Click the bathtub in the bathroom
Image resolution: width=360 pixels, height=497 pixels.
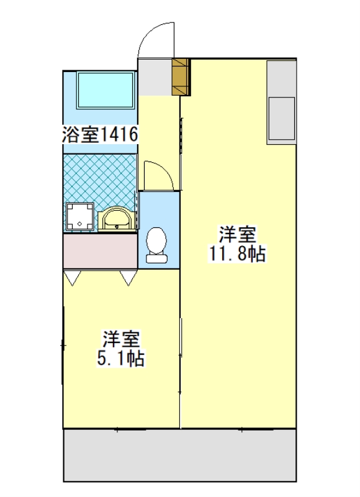[x=105, y=90]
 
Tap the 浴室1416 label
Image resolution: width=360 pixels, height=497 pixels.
[x=100, y=134]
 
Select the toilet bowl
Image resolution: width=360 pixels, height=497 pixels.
[x=157, y=240]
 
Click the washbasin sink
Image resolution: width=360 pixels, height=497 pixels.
[x=117, y=219]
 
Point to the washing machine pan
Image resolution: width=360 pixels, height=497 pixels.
[x=80, y=216]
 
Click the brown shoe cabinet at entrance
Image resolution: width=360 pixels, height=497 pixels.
[x=181, y=77]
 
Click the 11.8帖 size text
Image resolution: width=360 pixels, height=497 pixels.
[x=237, y=253]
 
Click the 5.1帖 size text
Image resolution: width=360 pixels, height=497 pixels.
[x=120, y=359]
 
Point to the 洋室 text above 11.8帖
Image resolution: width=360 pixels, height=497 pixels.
[x=237, y=234]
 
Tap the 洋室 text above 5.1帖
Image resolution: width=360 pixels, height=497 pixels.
[x=120, y=340]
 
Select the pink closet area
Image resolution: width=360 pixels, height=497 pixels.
[x=101, y=252]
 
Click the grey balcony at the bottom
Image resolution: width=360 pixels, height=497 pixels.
[x=180, y=455]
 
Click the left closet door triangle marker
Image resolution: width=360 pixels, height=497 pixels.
[x=73, y=278]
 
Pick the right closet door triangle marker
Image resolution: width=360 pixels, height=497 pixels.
[x=128, y=278]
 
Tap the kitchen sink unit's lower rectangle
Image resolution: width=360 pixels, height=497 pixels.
[x=281, y=118]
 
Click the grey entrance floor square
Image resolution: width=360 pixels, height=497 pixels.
[x=155, y=77]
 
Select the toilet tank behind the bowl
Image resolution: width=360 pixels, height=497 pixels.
[x=157, y=258]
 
